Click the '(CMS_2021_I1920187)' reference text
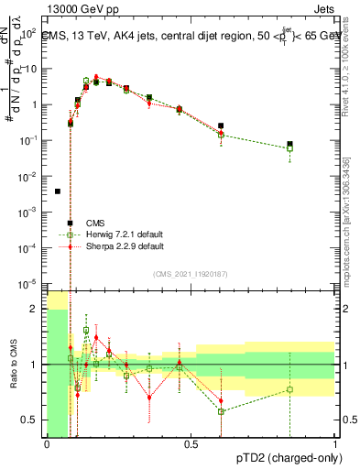coord(190,274)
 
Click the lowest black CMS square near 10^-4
coord(70,223)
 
